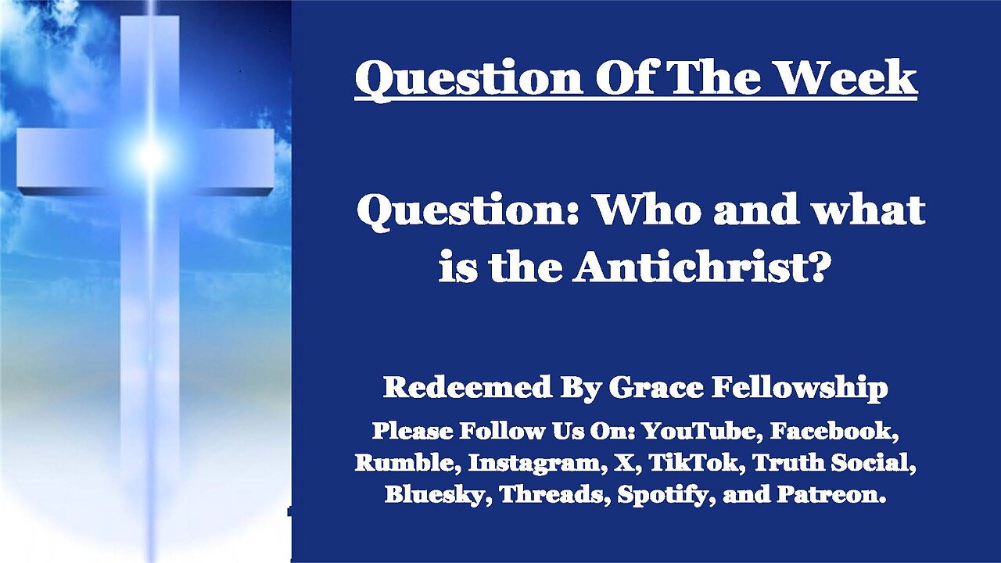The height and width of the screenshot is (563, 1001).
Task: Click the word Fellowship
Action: point(799,387)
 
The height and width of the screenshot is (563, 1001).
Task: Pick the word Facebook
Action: point(834,431)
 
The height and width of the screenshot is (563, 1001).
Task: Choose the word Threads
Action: point(554,494)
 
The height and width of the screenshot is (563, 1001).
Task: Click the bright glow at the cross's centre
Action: point(151,154)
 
